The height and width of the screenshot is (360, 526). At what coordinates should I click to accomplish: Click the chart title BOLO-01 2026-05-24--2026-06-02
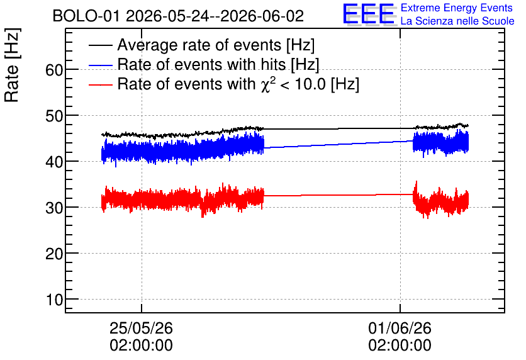pos(178,16)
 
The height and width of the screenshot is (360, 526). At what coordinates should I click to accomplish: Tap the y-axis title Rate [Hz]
pos(12,65)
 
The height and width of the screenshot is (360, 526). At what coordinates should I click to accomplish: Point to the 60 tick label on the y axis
pos(54,70)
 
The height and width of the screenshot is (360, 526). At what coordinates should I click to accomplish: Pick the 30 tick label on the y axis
pos(54,208)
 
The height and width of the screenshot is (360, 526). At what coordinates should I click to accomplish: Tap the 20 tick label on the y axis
pos(54,254)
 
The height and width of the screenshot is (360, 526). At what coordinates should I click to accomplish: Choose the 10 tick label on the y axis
pos(54,300)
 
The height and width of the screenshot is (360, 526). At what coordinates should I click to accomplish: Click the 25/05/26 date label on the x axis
pos(141,328)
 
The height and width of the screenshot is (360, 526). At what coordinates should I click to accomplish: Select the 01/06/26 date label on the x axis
pos(400,328)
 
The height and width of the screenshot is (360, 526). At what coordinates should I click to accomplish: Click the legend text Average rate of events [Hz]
pos(216,45)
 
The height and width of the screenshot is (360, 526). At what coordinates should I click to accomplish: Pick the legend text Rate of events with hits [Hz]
pos(218,64)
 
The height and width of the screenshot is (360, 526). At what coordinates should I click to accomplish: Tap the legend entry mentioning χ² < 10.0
pos(238,84)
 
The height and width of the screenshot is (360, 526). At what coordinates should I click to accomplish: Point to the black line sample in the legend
pos(100,45)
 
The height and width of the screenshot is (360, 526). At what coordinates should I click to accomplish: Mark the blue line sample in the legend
pos(100,65)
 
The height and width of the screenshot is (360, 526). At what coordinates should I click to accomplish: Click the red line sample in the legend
pos(100,84)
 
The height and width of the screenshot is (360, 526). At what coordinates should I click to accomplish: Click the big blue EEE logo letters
pos(369,14)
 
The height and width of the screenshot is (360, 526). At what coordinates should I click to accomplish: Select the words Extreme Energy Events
pos(457,8)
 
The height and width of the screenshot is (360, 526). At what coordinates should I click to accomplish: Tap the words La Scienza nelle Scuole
pos(457,21)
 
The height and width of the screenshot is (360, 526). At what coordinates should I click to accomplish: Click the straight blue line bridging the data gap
pos(339,144)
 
